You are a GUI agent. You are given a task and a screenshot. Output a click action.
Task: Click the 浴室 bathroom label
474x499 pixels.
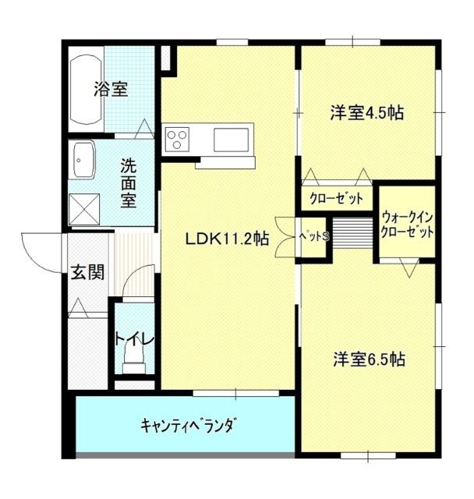[110, 89]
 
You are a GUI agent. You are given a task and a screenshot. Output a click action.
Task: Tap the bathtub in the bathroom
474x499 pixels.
[85, 90]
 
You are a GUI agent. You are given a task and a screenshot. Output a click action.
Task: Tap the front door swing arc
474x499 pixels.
[39, 251]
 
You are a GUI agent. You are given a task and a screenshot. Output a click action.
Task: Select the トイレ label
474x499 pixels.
[133, 339]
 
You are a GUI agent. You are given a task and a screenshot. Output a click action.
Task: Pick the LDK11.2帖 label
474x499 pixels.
[227, 239]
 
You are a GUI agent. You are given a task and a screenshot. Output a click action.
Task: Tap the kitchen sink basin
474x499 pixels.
[232, 140]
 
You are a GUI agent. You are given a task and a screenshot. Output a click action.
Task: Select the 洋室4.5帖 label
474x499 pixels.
[366, 113]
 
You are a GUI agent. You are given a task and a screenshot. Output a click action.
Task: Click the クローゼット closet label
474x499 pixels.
[336, 199]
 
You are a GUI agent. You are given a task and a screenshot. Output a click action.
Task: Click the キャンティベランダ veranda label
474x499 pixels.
[188, 426]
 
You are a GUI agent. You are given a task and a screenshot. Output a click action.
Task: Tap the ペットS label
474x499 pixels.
[315, 238]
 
